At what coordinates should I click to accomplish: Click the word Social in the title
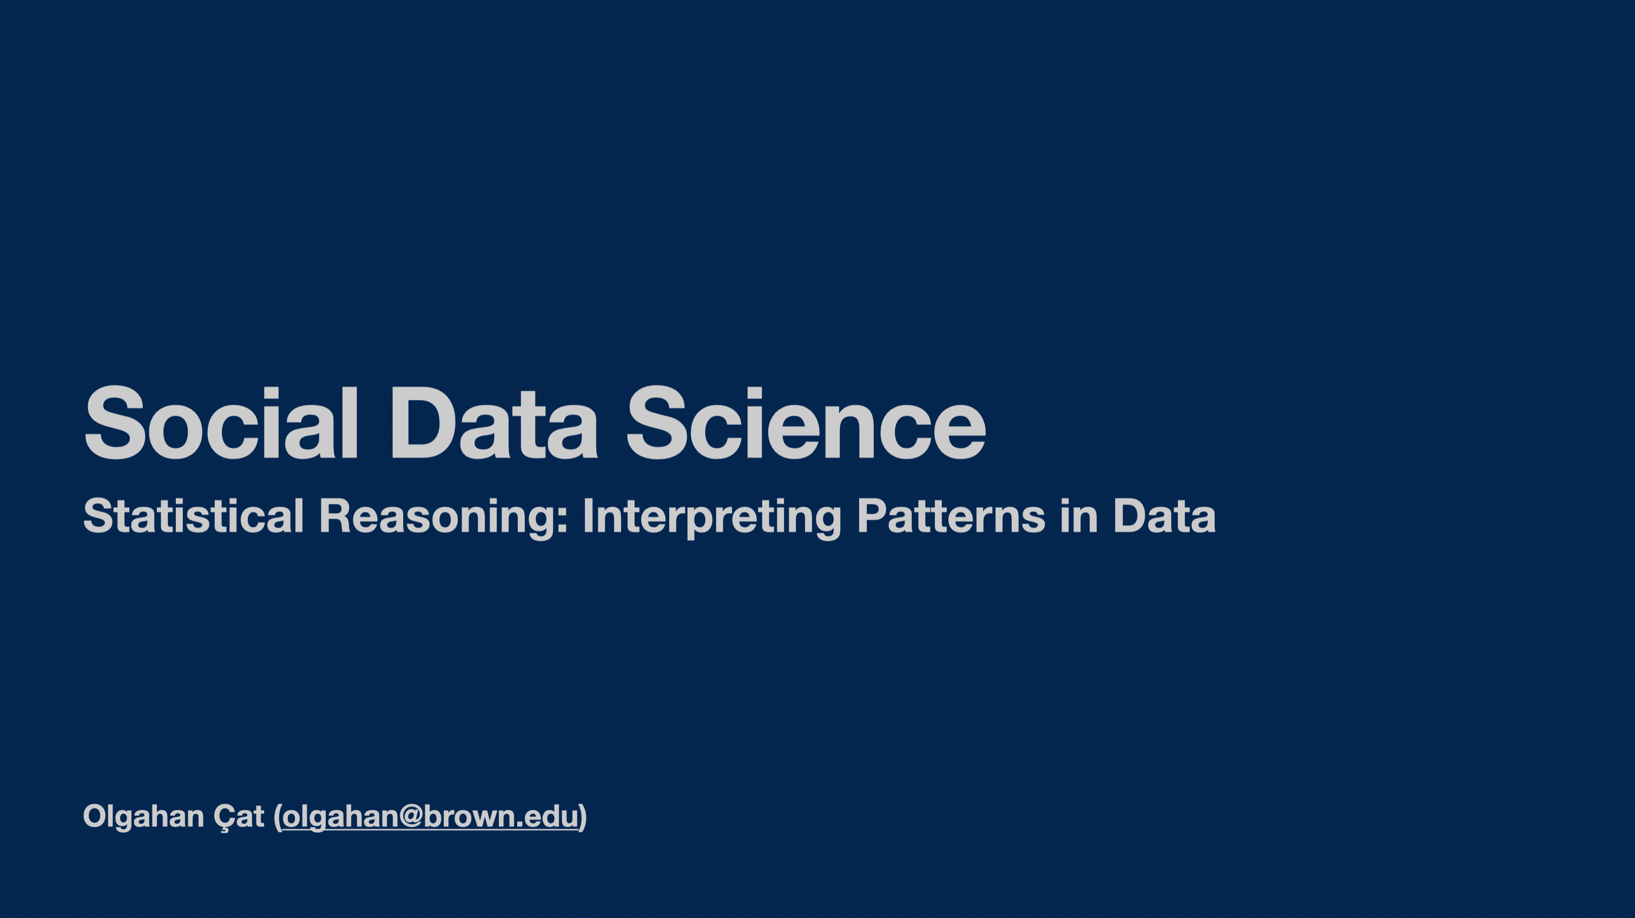pyautogui.click(x=221, y=422)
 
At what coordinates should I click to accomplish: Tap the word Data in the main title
pyautogui.click(x=494, y=422)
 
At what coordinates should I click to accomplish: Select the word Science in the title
pyautogui.click(x=806, y=422)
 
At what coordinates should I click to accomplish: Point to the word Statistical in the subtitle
pyautogui.click(x=194, y=515)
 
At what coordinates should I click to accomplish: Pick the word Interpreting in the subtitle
pyautogui.click(x=712, y=518)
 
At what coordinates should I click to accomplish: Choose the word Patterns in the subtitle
pyautogui.click(x=951, y=515)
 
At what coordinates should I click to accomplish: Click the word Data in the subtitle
pyautogui.click(x=1165, y=515)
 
